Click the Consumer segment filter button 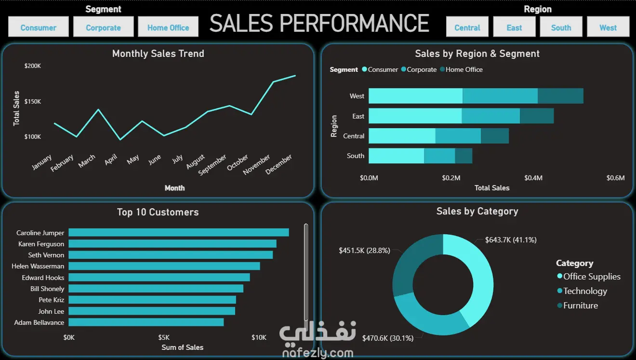pos(39,27)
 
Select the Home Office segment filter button pos(168,27)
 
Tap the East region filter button pos(514,27)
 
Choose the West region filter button pos(608,27)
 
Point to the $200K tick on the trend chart pos(33,66)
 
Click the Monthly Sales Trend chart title pos(158,53)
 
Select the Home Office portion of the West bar pos(560,96)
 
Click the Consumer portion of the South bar pos(396,156)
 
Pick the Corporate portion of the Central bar pos(458,136)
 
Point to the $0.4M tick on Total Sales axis pos(533,178)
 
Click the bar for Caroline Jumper pos(178,232)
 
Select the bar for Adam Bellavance pos(146,322)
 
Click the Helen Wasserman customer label pos(38,266)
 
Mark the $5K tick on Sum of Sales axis pos(164,337)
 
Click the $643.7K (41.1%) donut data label pos(511,240)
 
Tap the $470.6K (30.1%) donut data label pos(388,338)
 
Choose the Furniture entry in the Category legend pos(580,306)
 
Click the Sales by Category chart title pos(477,211)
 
